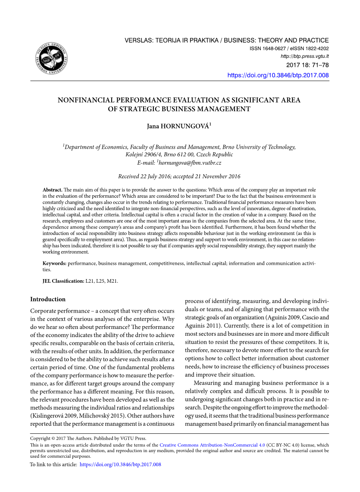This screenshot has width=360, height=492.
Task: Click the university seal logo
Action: (51, 59)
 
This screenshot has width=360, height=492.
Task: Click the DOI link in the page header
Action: (278, 75)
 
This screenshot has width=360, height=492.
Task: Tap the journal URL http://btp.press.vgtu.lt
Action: (305, 56)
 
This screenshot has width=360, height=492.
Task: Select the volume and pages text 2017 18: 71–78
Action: (307, 65)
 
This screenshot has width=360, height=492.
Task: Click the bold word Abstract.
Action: (52, 190)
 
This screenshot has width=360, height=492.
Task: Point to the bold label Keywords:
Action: (55, 264)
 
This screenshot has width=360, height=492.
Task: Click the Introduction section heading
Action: (48, 299)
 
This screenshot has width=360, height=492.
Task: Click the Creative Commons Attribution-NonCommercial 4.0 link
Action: (212, 445)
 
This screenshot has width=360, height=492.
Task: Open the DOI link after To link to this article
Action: (120, 464)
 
